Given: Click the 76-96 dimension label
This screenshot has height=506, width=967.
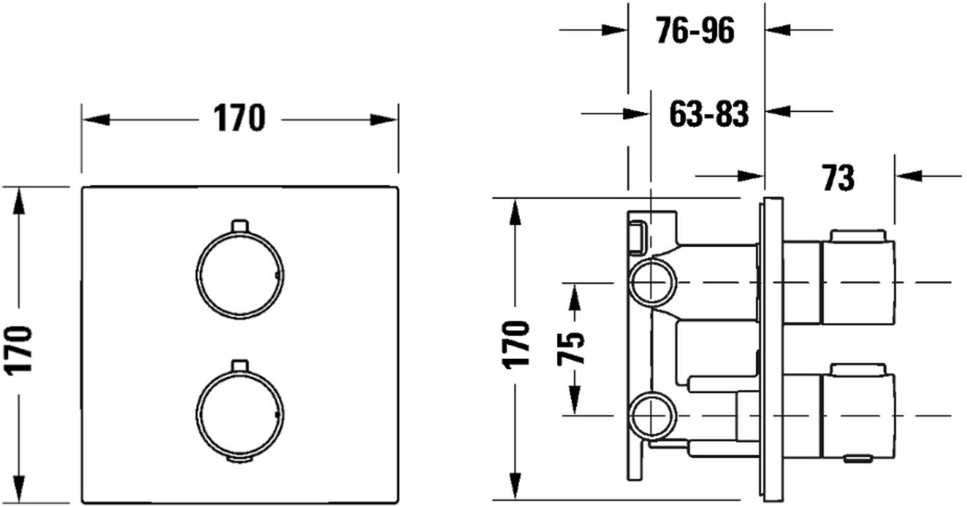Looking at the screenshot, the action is coord(695,31).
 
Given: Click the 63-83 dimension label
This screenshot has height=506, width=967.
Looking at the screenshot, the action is coord(709,114).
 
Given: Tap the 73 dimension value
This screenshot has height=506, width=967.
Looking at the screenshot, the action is coord(838,177).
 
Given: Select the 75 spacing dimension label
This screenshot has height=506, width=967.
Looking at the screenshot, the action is coord(571,349).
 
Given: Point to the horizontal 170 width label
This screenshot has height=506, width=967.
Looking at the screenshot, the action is coord(239,118).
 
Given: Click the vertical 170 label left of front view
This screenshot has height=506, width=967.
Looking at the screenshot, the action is coord(17,351).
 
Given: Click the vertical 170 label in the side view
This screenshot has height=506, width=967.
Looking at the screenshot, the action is coord(516,345).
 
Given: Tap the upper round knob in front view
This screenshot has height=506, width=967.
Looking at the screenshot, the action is coord(240,275).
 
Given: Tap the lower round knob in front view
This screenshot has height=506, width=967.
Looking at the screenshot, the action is coord(240,414).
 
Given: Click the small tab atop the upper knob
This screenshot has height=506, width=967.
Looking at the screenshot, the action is coord(240,226).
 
